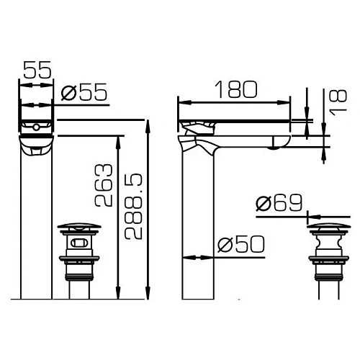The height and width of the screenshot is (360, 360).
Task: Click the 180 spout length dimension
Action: click(235, 90)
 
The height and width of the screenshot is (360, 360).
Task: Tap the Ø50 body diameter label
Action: click(240, 245)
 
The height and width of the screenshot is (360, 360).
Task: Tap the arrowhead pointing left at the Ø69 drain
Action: click(311, 214)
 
